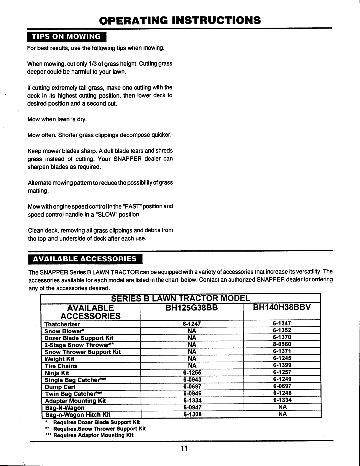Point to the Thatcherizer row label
[x=62, y=324]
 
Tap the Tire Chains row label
[x=61, y=366]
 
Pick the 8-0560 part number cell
[x=282, y=344]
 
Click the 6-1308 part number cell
[x=192, y=415]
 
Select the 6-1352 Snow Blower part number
[x=282, y=330]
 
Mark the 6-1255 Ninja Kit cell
[x=192, y=373]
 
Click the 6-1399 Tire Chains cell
[x=282, y=365]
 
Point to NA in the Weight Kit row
[x=192, y=359]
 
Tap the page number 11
[x=183, y=448]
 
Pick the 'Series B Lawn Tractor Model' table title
[x=180, y=297]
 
